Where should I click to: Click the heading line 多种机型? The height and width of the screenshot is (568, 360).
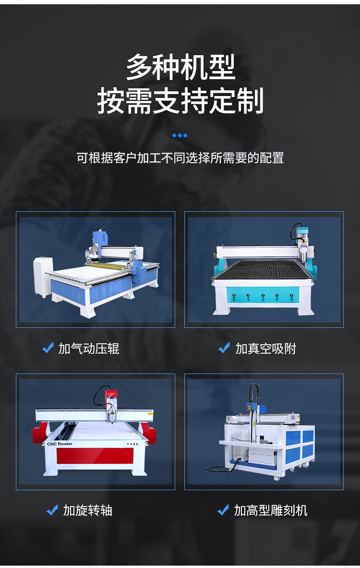(180, 67)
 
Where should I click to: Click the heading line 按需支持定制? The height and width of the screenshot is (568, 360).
(180, 100)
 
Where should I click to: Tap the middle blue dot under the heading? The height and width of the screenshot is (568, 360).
(180, 135)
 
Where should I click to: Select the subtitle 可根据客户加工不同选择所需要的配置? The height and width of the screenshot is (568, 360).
(180, 158)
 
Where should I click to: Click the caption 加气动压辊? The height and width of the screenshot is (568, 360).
(89, 349)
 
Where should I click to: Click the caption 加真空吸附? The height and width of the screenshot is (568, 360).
(265, 349)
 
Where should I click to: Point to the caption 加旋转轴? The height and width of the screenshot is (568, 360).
(88, 510)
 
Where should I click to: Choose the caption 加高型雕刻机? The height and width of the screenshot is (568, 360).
(271, 510)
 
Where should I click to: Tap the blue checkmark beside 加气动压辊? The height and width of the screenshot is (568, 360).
(48, 348)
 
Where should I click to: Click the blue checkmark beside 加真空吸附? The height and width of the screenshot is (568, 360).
(224, 348)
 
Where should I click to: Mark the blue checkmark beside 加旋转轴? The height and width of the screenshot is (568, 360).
(52, 510)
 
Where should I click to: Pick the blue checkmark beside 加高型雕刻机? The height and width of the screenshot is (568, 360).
(223, 510)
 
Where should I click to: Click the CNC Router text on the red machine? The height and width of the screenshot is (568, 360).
(60, 444)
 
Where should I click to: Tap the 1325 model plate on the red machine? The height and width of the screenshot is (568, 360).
(132, 444)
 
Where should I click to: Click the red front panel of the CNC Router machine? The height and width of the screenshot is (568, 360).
(95, 456)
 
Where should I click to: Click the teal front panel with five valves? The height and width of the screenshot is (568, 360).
(263, 294)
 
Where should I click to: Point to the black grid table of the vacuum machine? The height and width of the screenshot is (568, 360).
(262, 269)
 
